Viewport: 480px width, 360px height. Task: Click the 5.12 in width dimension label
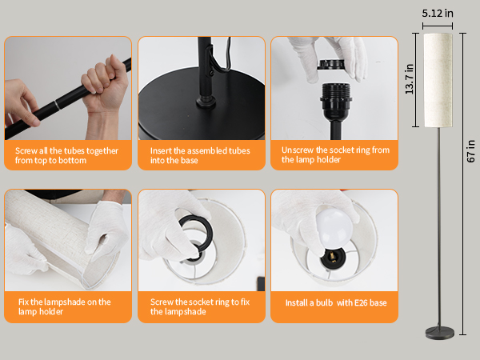(x=438, y=13)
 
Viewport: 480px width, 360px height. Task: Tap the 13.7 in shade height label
(x=409, y=79)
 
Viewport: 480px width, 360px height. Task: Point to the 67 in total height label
(x=470, y=152)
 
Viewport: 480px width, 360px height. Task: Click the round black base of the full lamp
(x=438, y=330)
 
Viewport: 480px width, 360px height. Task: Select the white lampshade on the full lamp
(x=438, y=79)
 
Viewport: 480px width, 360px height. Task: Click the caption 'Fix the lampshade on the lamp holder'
(x=67, y=307)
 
